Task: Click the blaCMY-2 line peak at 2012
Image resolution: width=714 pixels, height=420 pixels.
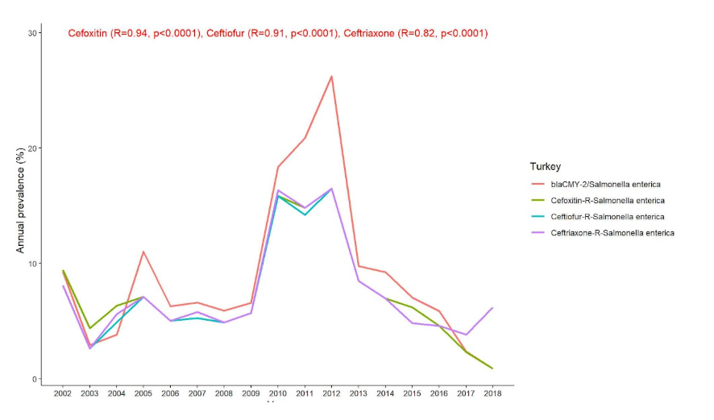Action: (331, 77)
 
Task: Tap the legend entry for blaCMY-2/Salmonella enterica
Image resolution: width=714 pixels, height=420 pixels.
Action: (607, 185)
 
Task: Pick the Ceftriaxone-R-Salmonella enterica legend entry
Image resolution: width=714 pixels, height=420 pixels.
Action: (612, 233)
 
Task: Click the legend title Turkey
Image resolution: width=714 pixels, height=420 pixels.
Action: (545, 167)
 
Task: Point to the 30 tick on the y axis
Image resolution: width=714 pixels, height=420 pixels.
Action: (33, 33)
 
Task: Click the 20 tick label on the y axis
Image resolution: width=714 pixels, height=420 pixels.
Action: (33, 148)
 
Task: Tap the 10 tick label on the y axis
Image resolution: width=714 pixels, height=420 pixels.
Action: (33, 264)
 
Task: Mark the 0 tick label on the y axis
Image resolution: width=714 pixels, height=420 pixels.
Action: (36, 379)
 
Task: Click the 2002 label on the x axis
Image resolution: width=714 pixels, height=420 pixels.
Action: (63, 393)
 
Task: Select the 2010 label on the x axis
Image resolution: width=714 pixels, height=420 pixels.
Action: (277, 393)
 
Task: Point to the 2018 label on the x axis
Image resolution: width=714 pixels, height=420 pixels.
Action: (492, 393)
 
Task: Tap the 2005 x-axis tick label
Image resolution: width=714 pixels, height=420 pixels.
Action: (143, 393)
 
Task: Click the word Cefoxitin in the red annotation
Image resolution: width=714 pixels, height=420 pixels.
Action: (88, 33)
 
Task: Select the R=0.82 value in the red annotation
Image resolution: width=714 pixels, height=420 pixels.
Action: (417, 33)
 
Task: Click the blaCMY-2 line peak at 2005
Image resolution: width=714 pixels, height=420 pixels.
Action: (143, 252)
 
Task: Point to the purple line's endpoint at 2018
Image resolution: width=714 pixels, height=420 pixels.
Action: (492, 308)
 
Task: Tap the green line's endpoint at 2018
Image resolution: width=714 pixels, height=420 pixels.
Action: (492, 368)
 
